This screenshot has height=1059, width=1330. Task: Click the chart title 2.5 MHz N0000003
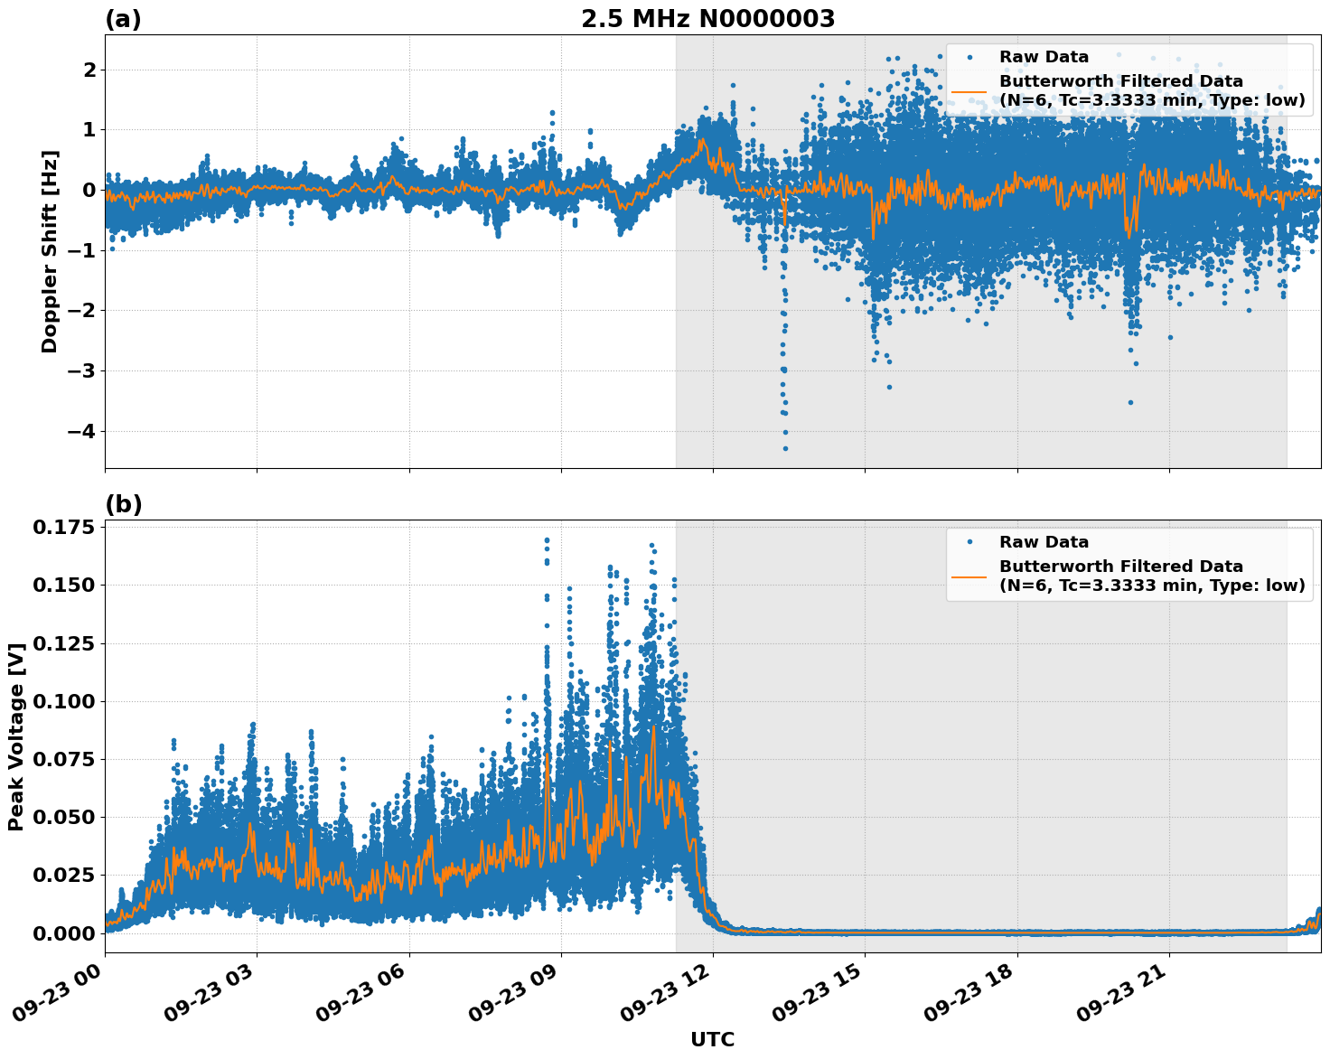707,19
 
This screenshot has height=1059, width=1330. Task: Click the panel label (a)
123,19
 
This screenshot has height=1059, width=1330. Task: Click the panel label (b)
123,504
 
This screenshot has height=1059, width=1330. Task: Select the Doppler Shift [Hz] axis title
50,251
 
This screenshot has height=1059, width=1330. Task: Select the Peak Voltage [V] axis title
15,736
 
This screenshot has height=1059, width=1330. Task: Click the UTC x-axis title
712,1039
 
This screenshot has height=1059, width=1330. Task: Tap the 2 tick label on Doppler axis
89,70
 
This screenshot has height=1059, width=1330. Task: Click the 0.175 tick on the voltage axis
63,527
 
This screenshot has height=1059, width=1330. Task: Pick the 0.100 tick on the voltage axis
63,701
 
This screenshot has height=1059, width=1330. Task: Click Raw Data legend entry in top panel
1044,57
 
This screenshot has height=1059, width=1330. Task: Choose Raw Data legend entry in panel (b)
1044,542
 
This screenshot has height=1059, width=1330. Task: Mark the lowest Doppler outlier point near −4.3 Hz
785,448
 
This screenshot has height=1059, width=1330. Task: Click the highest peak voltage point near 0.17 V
547,539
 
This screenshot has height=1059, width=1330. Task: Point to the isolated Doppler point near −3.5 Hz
1130,402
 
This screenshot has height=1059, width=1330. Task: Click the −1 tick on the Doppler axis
82,250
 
